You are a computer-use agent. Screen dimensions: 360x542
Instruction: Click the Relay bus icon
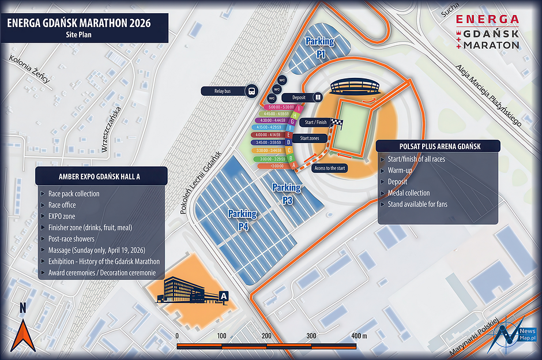tap(251, 91)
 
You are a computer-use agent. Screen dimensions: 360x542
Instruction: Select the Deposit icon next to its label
tap(318, 97)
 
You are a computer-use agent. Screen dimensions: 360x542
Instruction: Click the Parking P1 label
tap(319, 47)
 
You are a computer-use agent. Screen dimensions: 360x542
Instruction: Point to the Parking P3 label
tap(287, 194)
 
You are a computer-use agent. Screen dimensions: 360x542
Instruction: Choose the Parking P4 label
tap(242, 220)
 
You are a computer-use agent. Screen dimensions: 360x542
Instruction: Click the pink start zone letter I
tap(300, 108)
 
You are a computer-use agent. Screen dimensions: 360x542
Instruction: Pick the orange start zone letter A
tap(296, 165)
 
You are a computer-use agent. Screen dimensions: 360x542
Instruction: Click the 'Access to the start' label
tap(330, 168)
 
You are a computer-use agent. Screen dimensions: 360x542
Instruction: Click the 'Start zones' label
tap(310, 138)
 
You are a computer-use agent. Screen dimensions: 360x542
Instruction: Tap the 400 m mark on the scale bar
tap(359, 336)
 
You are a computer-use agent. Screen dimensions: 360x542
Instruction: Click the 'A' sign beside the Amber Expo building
tap(224, 297)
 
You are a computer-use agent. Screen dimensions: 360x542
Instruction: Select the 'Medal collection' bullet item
tap(408, 193)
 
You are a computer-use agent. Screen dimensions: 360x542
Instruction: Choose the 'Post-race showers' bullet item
tap(71, 239)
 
